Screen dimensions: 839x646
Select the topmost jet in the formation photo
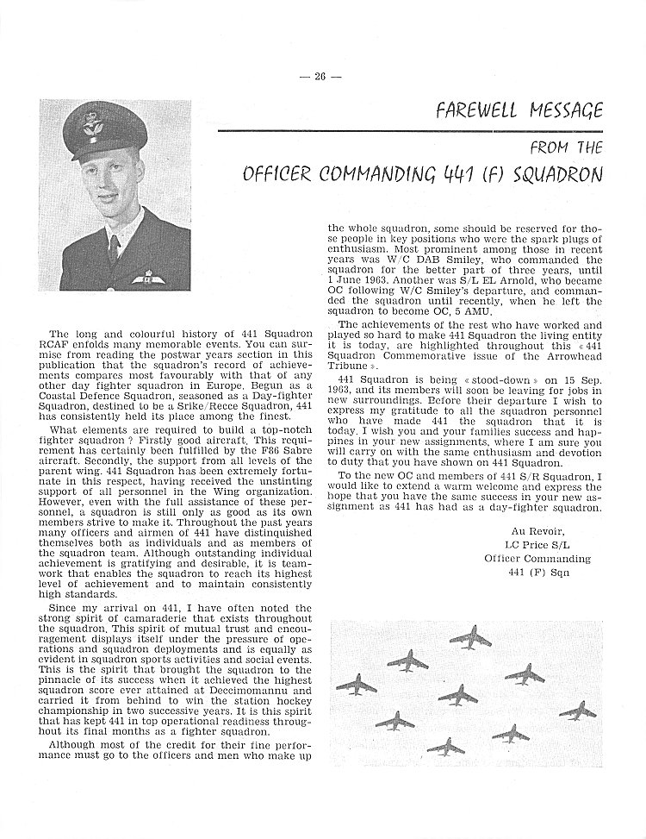pyautogui.click(x=470, y=639)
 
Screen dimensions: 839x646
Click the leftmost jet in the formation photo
pyautogui.click(x=355, y=686)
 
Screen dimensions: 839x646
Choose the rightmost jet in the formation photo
pyautogui.click(x=576, y=711)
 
